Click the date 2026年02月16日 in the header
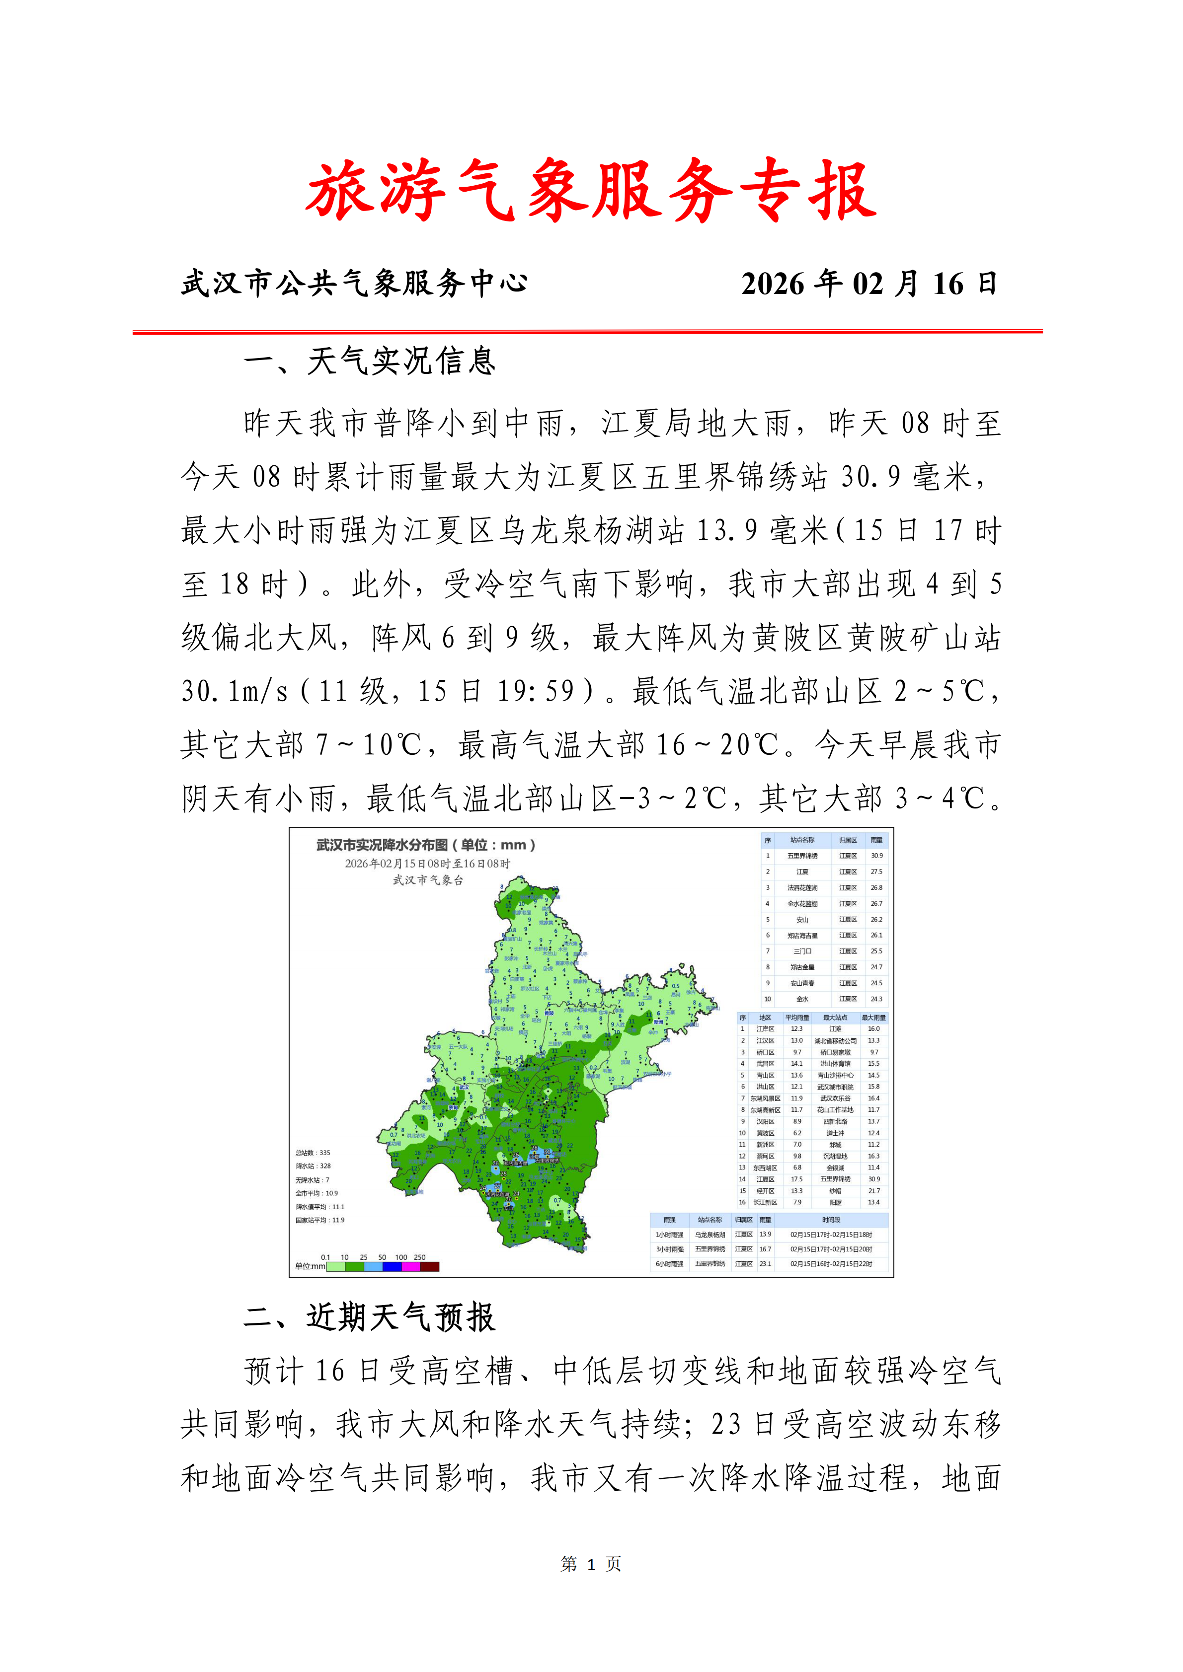click(868, 283)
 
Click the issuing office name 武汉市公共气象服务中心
click(354, 283)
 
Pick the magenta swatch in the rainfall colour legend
click(411, 1266)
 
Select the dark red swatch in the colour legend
click(430, 1266)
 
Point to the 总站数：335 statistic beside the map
click(313, 1153)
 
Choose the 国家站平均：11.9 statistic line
click(320, 1220)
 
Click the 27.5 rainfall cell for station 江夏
click(876, 872)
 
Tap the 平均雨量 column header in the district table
click(797, 1018)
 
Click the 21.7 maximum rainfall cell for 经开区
click(873, 1191)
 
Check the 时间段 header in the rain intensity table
click(831, 1220)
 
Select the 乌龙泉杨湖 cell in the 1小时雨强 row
click(710, 1235)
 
